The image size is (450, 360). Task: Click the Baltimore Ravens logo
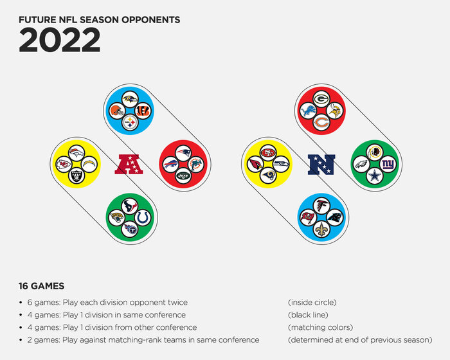tap(130, 100)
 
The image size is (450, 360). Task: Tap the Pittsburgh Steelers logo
tap(130, 123)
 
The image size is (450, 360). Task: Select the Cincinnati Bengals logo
tap(143, 111)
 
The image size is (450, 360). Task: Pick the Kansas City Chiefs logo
tap(64, 164)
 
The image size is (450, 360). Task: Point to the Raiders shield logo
tap(76, 175)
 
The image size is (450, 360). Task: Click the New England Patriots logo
tap(183, 153)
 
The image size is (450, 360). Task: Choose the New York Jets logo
tap(183, 175)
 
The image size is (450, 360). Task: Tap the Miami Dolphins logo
tap(196, 164)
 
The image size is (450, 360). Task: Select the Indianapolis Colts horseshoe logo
tap(143, 218)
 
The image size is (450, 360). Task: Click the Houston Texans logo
tap(130, 206)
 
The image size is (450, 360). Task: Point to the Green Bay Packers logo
tap(321, 100)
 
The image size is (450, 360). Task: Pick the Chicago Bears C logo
tap(321, 123)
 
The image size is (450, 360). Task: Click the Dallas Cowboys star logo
tap(375, 175)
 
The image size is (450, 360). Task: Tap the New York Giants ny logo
tap(388, 164)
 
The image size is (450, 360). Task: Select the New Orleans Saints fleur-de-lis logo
tap(321, 229)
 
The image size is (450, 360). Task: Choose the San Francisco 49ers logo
tap(268, 153)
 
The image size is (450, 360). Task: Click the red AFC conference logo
tap(129, 164)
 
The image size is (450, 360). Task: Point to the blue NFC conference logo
tap(321, 165)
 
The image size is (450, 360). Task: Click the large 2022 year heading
tap(60, 40)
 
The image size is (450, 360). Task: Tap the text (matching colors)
tap(320, 327)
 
